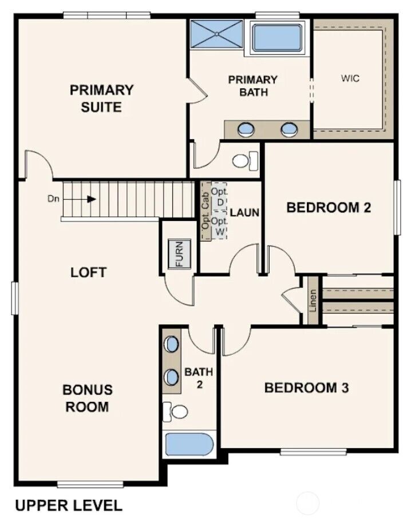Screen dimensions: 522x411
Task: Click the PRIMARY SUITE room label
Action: [101, 98]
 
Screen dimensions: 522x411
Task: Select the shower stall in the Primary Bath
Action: [216, 34]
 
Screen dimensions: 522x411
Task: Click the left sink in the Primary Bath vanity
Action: [245, 129]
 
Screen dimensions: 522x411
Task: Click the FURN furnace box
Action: [179, 254]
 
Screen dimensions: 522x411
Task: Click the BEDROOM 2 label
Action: [328, 207]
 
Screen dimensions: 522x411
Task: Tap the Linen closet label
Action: [313, 300]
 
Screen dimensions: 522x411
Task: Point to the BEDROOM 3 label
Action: [306, 388]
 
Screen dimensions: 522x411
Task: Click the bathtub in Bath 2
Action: [189, 444]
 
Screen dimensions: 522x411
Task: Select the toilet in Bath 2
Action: [178, 411]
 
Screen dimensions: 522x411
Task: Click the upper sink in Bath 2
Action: [171, 345]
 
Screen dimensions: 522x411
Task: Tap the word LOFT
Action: [88, 272]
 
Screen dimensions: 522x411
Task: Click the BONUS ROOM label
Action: [88, 398]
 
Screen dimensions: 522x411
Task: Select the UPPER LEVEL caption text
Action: [68, 505]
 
